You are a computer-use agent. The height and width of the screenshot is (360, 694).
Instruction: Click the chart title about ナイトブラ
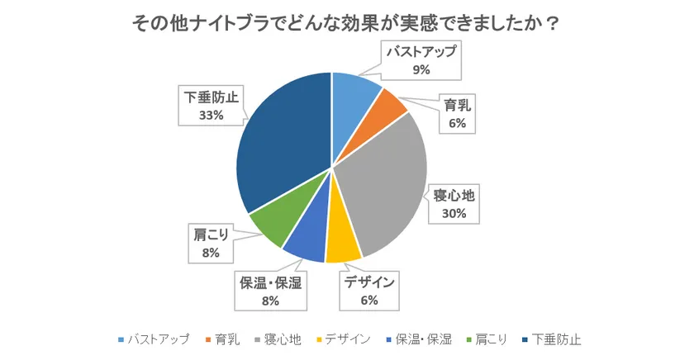point(346,22)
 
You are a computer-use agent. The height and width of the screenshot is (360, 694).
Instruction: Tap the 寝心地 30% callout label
point(455,204)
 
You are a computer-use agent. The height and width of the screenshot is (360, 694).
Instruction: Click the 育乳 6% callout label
point(458,114)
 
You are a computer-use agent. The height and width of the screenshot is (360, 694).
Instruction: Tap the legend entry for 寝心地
point(283,339)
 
